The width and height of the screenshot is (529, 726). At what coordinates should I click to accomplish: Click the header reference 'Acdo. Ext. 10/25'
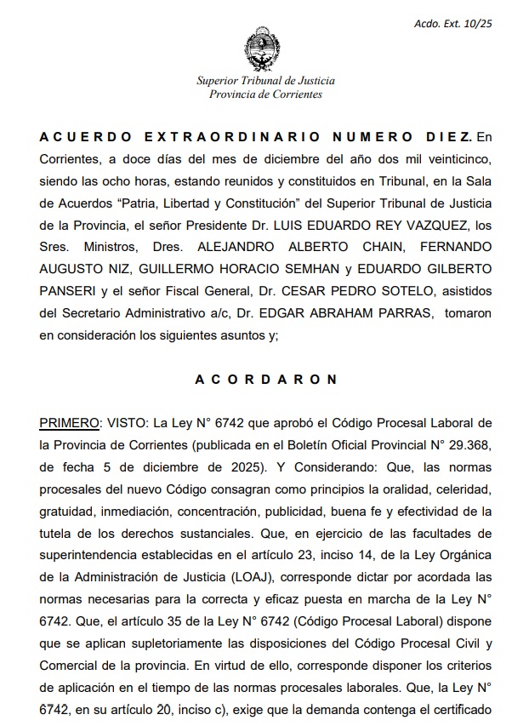coord(452,24)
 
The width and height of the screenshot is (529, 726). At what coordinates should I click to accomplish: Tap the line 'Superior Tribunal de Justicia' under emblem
coord(265,81)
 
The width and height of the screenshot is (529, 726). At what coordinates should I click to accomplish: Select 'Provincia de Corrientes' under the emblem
coord(265,94)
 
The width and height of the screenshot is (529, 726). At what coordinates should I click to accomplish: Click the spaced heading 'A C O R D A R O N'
coord(265,380)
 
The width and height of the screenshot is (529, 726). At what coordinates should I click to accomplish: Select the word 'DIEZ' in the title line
coord(447,136)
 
